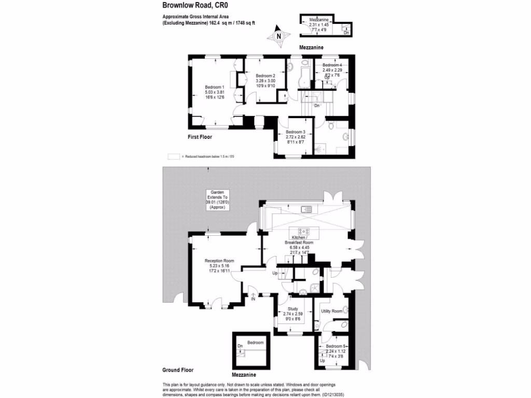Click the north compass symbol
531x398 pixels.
278,36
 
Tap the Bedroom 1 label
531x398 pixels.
214,87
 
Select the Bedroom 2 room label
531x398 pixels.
265,76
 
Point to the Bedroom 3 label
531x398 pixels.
296,132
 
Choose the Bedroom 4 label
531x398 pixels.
332,65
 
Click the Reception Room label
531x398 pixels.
219,261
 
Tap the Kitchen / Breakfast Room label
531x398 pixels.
299,240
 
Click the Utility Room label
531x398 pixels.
332,311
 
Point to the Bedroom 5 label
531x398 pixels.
336,346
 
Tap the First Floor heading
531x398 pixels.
200,137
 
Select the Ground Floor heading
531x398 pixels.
178,370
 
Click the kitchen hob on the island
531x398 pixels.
304,231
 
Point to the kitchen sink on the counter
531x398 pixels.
306,209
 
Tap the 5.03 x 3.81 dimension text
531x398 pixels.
214,92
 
